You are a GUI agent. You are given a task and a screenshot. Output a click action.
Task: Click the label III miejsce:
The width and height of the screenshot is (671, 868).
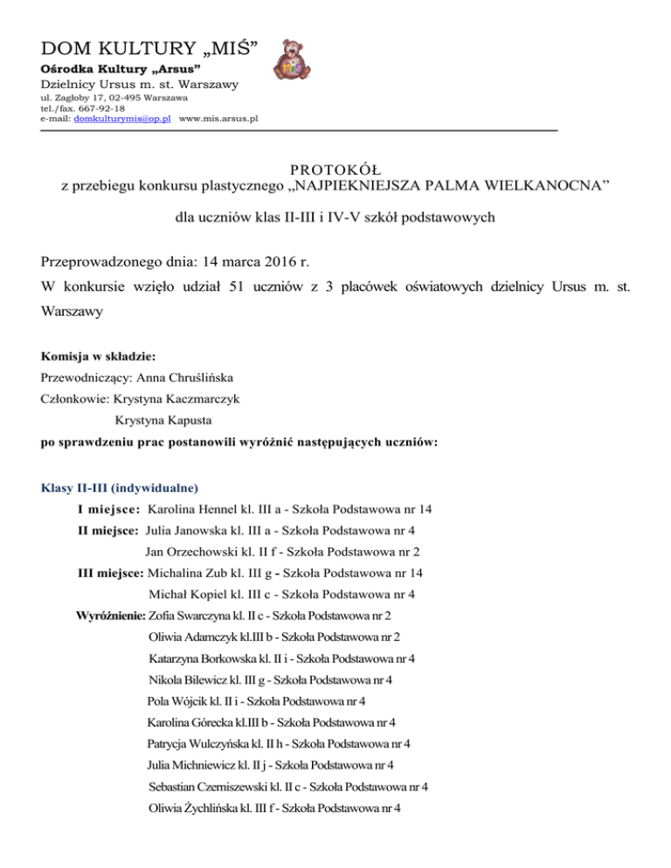(110, 573)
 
